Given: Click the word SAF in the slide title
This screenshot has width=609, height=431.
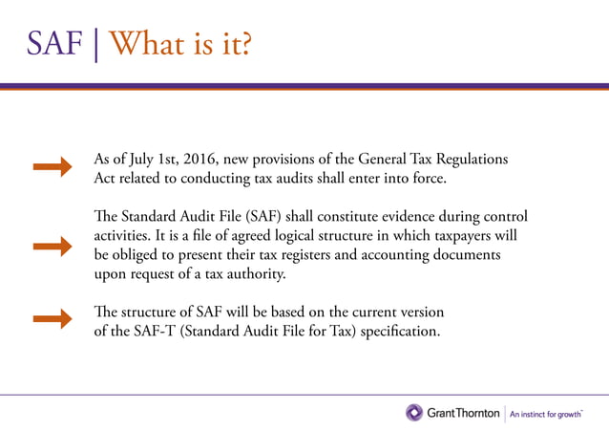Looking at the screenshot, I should click(53, 43).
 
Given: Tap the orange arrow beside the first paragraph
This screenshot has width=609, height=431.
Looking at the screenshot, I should click(53, 168).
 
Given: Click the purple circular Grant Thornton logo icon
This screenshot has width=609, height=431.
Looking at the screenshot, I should click(414, 413).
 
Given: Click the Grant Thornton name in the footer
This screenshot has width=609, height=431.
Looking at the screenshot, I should click(462, 414).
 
